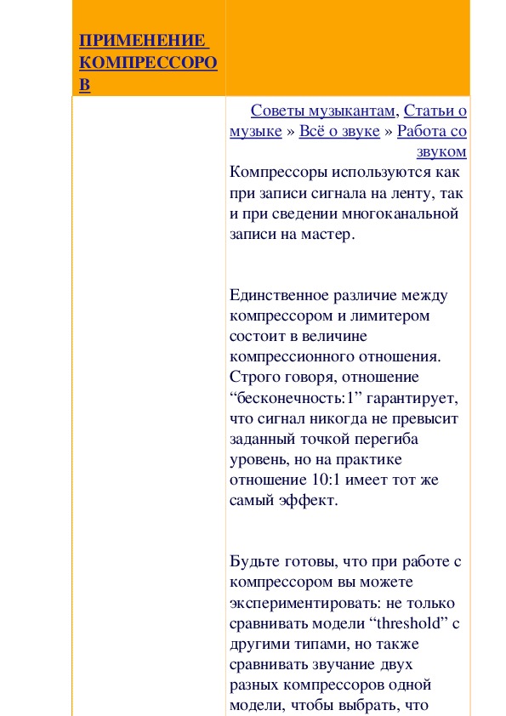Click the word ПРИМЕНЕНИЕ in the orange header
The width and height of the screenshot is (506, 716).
click(142, 41)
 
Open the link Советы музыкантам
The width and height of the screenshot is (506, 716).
click(324, 111)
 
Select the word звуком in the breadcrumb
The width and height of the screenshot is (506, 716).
click(441, 151)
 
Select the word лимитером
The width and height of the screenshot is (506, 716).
click(392, 316)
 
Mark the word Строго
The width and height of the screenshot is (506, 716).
click(255, 378)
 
